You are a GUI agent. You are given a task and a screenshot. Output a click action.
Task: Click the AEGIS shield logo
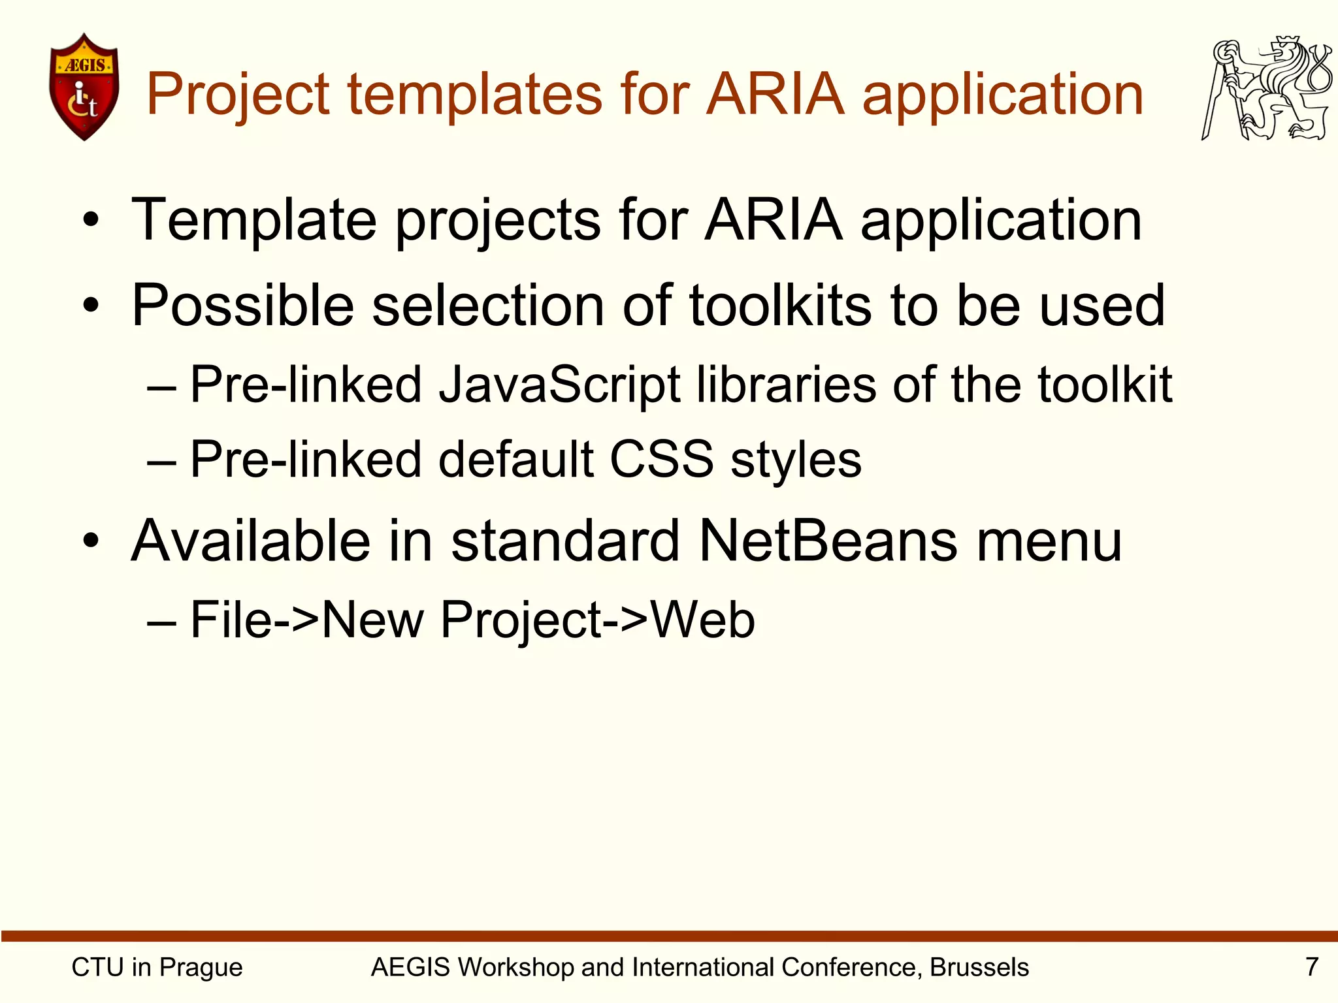point(84,86)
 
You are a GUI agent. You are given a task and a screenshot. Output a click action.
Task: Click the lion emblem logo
point(1265,88)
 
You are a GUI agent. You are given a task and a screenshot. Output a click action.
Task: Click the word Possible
point(242,305)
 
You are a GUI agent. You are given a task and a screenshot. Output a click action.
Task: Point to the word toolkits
point(780,305)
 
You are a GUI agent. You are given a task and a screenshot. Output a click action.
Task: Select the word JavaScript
point(559,385)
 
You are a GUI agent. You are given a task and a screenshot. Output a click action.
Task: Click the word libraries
point(786,385)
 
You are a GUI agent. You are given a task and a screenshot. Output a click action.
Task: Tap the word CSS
point(661,459)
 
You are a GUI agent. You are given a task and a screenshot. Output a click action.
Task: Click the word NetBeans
point(828,541)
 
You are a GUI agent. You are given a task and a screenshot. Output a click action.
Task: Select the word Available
point(250,541)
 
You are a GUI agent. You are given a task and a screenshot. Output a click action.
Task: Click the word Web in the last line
point(703,619)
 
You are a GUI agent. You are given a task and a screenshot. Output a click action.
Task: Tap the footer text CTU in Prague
point(157,967)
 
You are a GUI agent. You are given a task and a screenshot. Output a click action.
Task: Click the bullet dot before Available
point(91,541)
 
